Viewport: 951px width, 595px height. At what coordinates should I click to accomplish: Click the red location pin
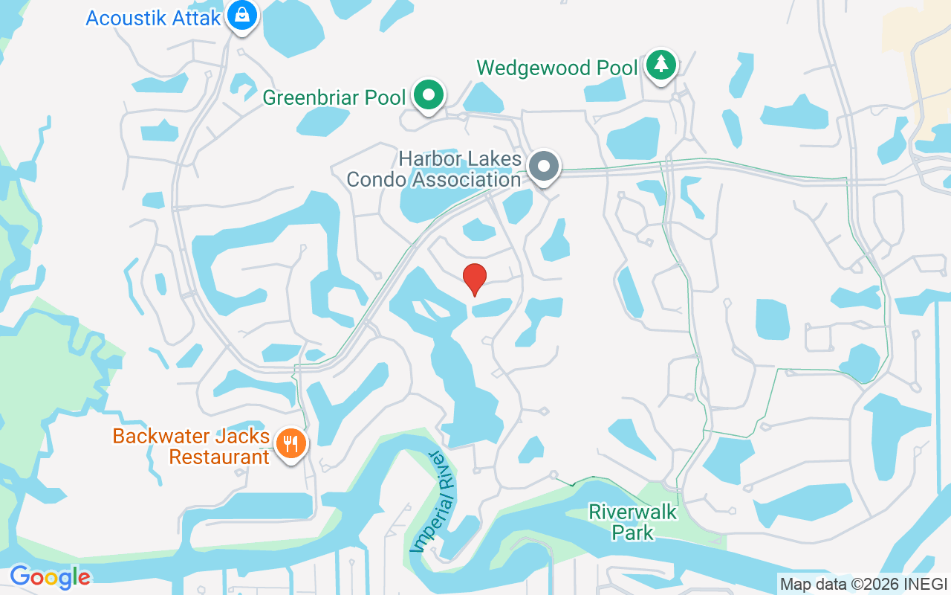coord(475,277)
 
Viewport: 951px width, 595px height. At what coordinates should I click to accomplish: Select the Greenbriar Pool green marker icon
coord(429,94)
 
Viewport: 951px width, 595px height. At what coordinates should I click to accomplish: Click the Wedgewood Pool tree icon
coord(660,65)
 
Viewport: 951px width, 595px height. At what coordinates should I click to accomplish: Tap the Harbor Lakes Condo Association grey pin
coord(545,166)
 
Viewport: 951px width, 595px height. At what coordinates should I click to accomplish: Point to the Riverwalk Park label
coord(632,522)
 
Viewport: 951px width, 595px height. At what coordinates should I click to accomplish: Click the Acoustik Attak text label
coord(154,18)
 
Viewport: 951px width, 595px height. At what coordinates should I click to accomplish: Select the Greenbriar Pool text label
coord(334,97)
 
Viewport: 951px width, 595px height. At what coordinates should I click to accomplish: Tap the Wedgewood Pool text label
coord(557,68)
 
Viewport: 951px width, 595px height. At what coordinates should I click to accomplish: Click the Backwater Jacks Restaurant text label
coord(191,446)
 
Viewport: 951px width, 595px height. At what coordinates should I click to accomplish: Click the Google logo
coord(50,576)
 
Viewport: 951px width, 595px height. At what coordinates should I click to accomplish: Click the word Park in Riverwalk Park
coord(632,533)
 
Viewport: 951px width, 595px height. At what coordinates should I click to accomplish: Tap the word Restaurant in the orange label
coord(219,456)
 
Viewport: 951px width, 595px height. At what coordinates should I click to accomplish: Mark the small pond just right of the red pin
coord(492,306)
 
